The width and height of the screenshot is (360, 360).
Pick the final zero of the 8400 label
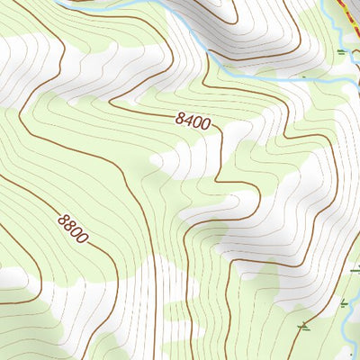tap(214, 125)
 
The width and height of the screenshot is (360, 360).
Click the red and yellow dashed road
tap(350, 13)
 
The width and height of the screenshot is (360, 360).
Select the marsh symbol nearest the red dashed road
tap(341, 52)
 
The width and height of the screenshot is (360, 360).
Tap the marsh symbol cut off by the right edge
tap(355, 269)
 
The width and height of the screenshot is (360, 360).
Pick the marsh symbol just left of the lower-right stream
tap(344, 303)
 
